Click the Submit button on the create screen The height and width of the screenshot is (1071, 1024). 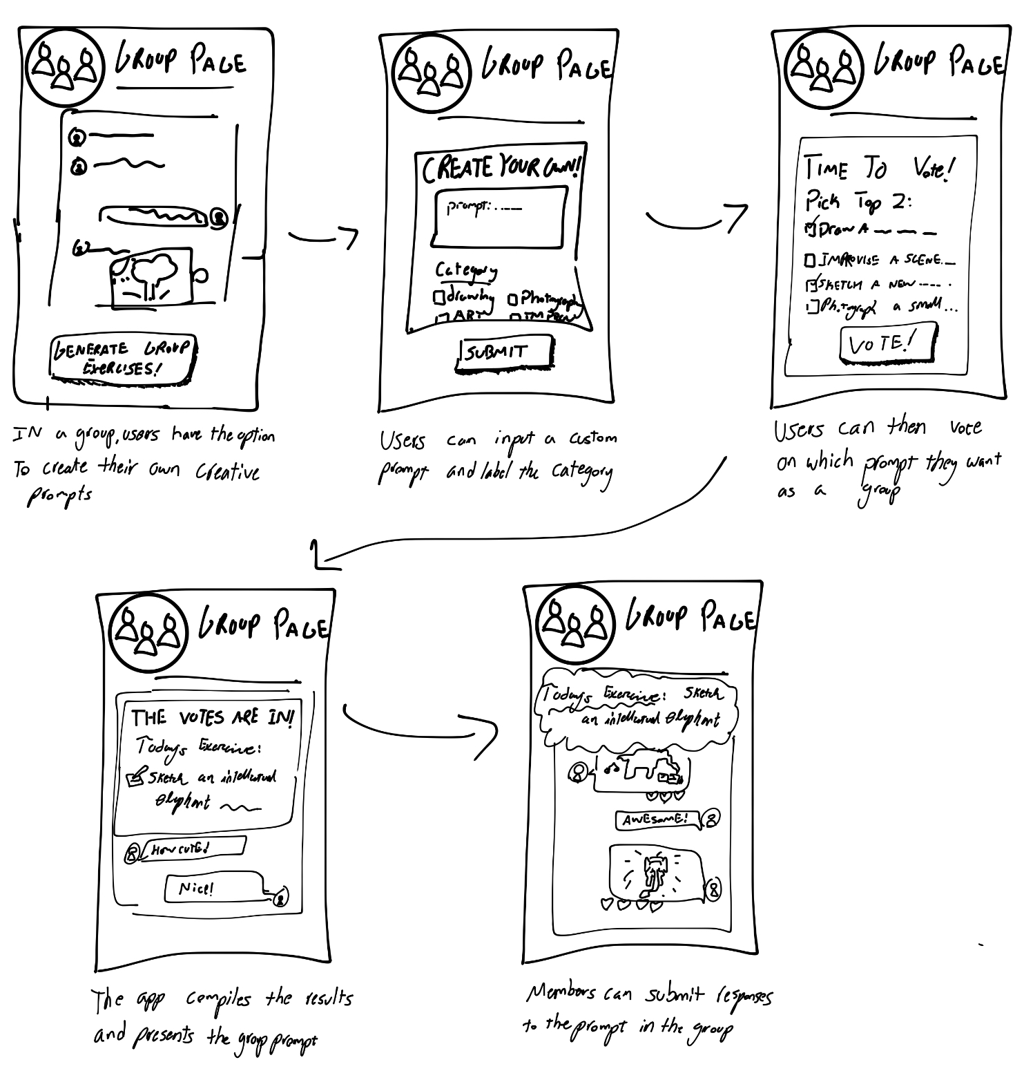[x=504, y=352]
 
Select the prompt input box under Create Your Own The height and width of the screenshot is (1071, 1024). [x=499, y=216]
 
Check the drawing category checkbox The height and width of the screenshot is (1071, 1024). [x=438, y=297]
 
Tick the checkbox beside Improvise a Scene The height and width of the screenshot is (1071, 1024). [x=810, y=260]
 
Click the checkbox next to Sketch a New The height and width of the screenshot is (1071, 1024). [x=811, y=283]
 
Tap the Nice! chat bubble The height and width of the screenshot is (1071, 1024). [x=213, y=887]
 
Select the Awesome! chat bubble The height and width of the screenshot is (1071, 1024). [x=657, y=819]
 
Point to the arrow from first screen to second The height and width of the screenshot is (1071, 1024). [x=323, y=238]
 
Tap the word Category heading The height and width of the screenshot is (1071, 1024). [x=466, y=269]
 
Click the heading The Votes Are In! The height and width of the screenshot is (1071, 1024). [x=213, y=718]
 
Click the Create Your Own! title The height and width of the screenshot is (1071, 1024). [x=501, y=169]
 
